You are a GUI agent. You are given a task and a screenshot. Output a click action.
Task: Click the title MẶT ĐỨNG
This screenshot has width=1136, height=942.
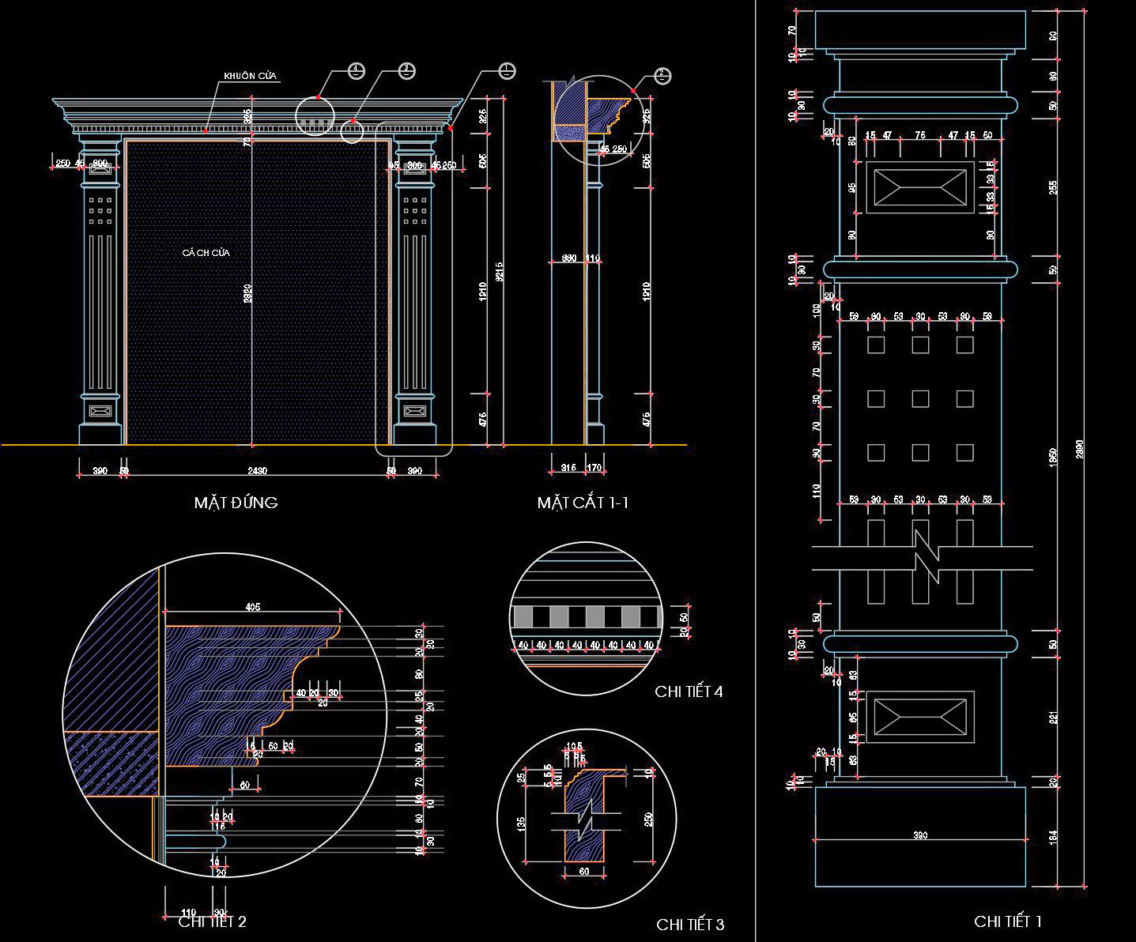coord(236,503)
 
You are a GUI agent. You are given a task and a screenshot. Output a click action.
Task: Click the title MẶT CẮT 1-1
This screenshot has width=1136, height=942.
coord(583,503)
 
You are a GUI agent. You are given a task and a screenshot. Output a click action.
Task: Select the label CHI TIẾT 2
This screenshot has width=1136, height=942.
coord(212,921)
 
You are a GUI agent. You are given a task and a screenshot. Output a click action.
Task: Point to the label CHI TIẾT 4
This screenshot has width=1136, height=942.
coord(689,691)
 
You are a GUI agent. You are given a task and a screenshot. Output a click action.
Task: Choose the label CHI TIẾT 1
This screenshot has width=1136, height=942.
coord(1008,921)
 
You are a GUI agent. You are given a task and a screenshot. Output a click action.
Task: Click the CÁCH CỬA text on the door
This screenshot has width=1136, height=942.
coord(206,253)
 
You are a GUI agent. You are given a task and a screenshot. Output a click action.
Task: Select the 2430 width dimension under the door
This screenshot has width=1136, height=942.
coord(257,472)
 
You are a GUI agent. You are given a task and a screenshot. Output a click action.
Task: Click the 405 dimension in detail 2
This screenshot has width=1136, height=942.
coord(252,607)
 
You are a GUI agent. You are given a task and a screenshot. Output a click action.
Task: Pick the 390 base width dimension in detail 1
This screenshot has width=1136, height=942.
coord(920,835)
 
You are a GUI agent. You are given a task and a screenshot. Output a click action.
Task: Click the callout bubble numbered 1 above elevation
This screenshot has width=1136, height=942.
coord(508,71)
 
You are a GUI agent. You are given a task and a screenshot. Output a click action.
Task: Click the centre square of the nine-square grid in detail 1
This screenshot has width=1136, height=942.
coord(920,398)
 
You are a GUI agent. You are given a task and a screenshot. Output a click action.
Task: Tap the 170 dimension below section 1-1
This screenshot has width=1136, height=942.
coord(594,469)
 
